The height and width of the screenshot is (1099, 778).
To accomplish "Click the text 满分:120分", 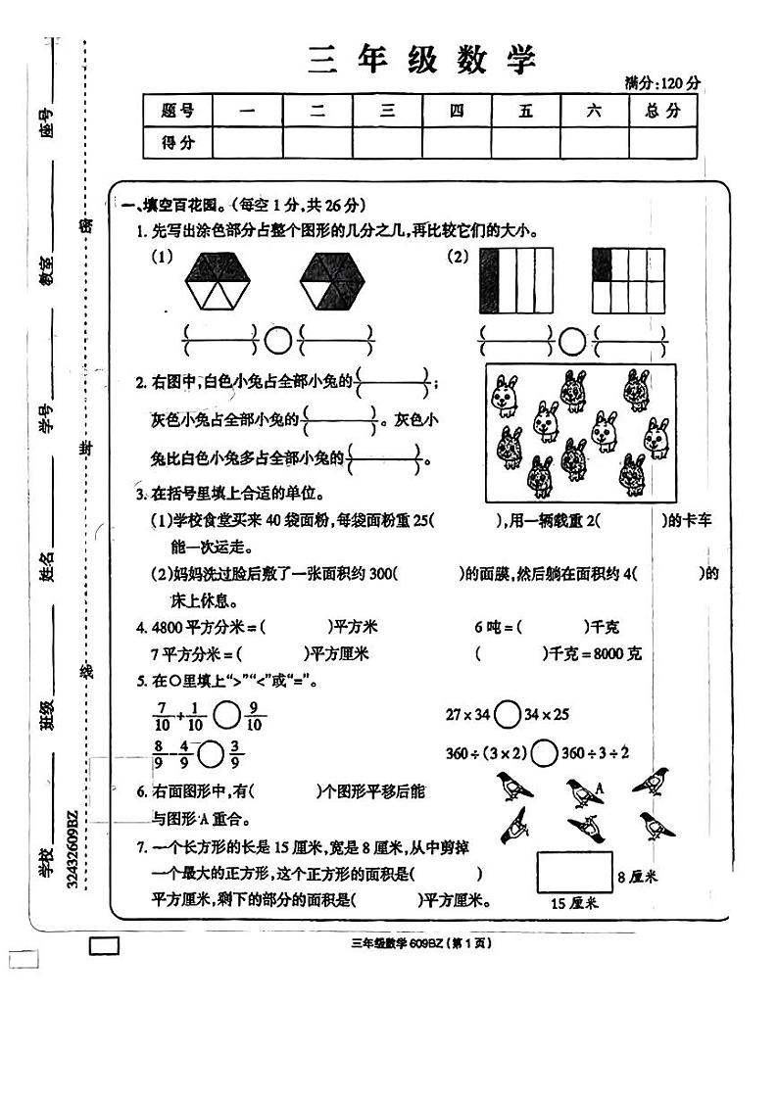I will point(663,83).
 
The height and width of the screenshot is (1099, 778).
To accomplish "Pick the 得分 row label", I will point(176,143).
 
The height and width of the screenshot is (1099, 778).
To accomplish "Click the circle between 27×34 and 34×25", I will point(508,714).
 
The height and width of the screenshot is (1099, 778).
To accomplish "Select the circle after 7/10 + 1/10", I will point(226,715).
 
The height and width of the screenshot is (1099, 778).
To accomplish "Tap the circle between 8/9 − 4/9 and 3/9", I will point(211,753).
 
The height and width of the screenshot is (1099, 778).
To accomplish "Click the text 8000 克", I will point(615,653).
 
